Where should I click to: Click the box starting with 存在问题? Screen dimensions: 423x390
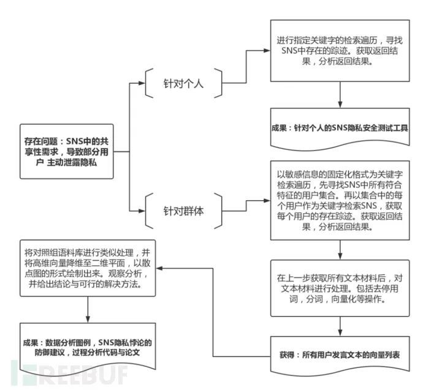click(67, 151)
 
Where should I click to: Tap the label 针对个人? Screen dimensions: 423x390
click(183, 83)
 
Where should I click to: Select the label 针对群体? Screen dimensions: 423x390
click(183, 211)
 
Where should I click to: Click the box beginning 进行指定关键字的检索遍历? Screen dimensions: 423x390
click(340, 51)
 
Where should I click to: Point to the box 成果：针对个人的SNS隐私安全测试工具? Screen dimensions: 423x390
click(340, 128)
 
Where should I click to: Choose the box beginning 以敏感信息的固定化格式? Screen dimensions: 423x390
click(340, 200)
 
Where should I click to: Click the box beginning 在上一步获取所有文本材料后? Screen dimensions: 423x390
click(340, 288)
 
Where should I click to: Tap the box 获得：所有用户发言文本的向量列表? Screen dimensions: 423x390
click(340, 355)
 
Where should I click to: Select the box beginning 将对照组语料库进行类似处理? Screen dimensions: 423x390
click(88, 268)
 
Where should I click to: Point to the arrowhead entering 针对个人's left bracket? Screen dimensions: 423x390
click(142, 83)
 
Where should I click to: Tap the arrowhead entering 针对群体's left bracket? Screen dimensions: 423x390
click(142, 211)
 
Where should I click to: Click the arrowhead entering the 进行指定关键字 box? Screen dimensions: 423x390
click(267, 50)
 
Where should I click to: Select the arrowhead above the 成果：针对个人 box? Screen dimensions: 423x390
click(340, 105)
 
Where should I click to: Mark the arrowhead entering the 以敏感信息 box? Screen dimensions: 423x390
click(267, 201)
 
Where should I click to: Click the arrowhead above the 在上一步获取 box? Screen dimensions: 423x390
click(340, 257)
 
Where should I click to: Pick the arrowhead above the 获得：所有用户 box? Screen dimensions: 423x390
click(340, 332)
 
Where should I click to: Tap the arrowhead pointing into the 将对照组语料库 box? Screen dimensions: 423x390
click(159, 268)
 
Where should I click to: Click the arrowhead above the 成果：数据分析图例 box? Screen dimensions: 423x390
click(88, 320)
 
